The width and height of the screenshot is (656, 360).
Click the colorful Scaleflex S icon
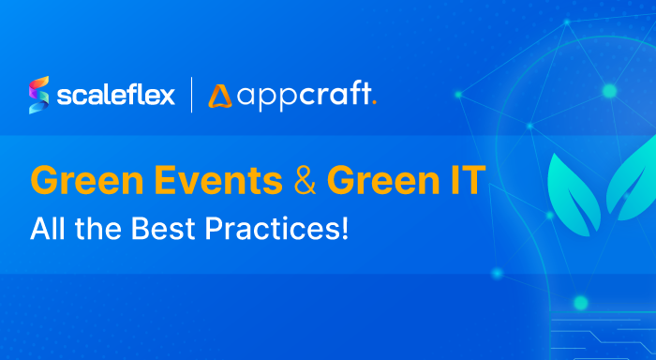point(40,95)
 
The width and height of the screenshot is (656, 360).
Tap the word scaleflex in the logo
point(115,95)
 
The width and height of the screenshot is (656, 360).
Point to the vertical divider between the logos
point(192,95)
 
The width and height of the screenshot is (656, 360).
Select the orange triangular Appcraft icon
point(221,96)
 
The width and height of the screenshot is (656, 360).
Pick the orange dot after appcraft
point(374,102)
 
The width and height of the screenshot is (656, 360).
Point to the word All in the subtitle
point(47,229)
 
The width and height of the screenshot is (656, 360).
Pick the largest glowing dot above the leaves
point(609,91)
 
